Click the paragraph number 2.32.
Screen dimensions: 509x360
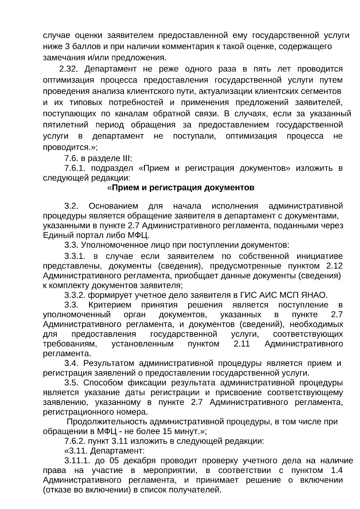pyautogui.click(x=69, y=69)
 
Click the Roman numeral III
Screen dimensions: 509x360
pyautogui.click(x=125, y=158)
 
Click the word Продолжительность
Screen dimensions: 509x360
pyautogui.click(x=107, y=422)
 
